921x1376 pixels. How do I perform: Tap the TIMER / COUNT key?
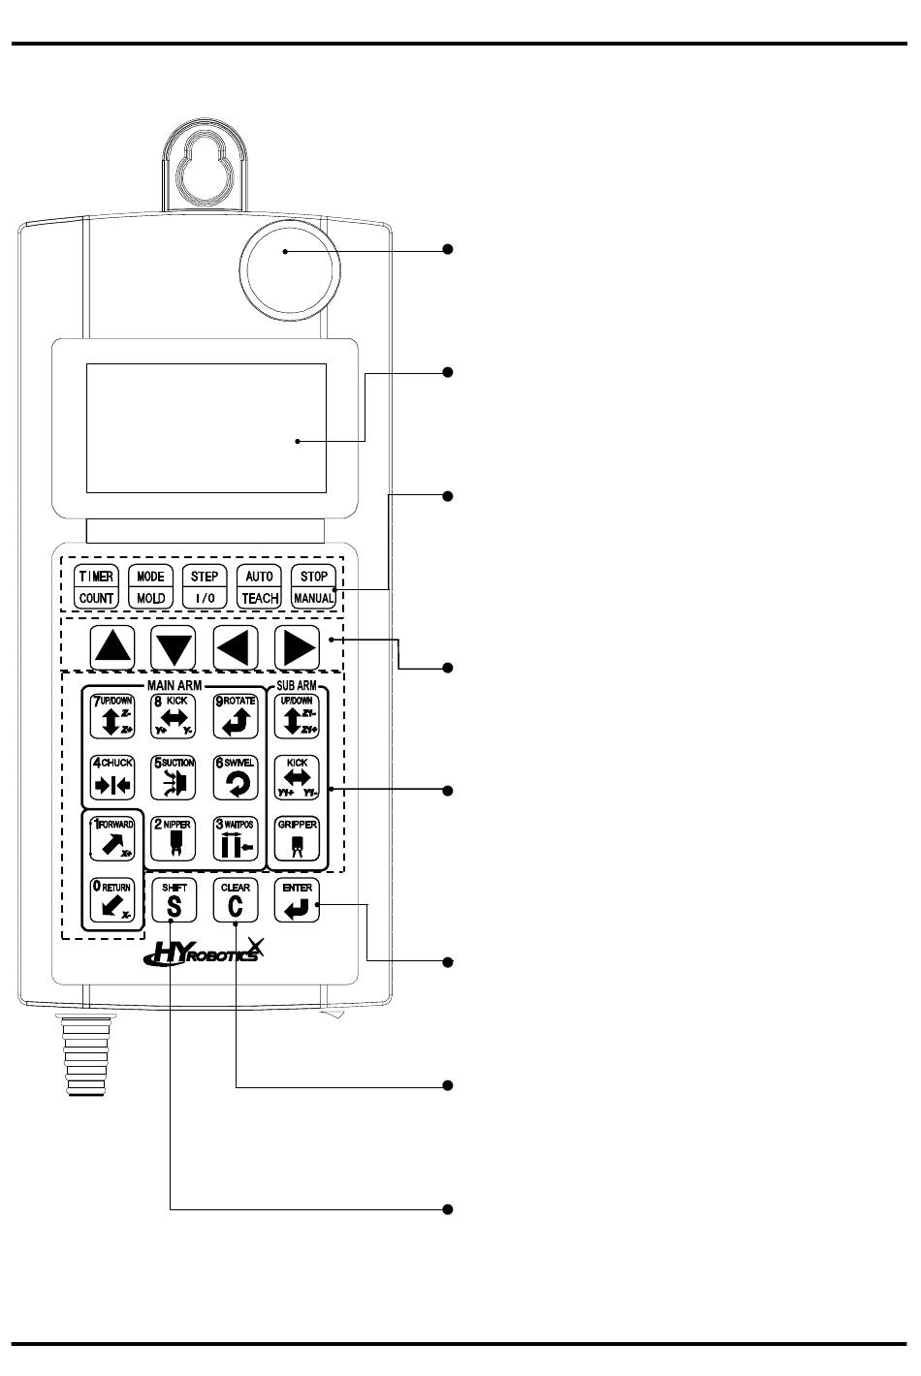pyautogui.click(x=96, y=586)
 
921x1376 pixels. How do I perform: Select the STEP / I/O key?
pyautogui.click(x=205, y=586)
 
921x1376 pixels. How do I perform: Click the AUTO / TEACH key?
pyautogui.click(x=260, y=586)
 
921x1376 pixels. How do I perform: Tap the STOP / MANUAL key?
pyautogui.click(x=314, y=586)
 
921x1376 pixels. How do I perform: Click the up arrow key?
pyautogui.click(x=113, y=645)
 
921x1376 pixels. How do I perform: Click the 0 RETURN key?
pyautogui.click(x=111, y=900)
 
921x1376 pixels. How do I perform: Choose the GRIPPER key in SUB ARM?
pyautogui.click(x=297, y=838)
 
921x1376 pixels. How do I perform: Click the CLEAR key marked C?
pyautogui.click(x=236, y=900)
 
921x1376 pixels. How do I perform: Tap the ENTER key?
pyautogui.click(x=297, y=900)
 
